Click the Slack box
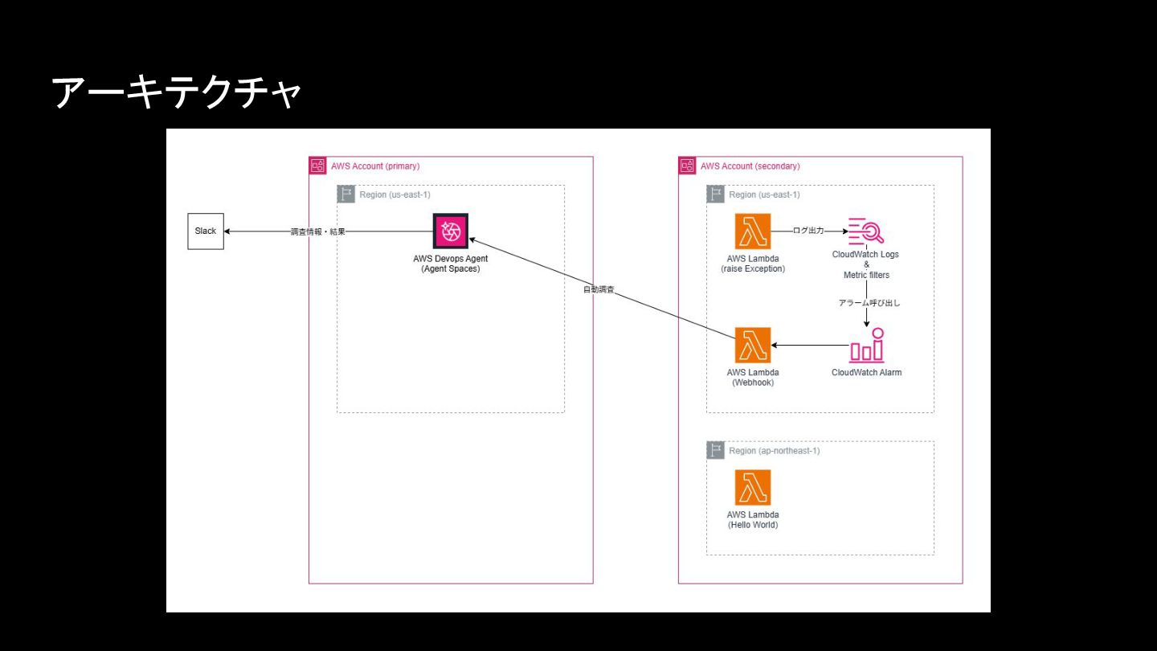tap(206, 231)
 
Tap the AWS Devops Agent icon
tap(451, 231)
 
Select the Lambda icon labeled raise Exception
tap(753, 231)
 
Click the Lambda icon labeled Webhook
tap(753, 346)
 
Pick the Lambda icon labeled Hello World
tap(753, 488)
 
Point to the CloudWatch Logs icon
tap(866, 231)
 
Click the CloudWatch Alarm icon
tap(866, 346)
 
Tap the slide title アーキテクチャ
tap(177, 93)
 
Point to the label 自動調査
tap(599, 289)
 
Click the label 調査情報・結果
tap(318, 231)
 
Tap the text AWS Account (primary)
tap(375, 166)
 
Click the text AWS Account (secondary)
tap(750, 166)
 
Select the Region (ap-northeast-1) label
tap(775, 451)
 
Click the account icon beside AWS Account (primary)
tap(318, 166)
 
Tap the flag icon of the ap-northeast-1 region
tap(716, 451)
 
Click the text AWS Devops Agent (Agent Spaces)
tap(451, 264)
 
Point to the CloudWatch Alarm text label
tap(866, 373)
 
